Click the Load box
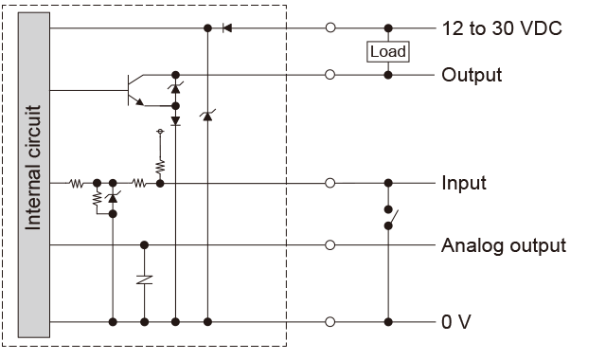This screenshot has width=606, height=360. [387, 51]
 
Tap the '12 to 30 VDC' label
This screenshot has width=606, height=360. [502, 27]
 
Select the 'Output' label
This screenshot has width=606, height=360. [471, 74]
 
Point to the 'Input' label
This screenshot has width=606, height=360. [463, 183]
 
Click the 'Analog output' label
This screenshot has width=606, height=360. [503, 245]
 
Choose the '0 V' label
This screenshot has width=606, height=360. [455, 322]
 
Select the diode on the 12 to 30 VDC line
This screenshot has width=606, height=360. [225, 28]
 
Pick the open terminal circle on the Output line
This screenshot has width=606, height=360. [330, 74]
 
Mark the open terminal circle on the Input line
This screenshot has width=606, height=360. [330, 183]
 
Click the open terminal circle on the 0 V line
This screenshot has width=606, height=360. [330, 322]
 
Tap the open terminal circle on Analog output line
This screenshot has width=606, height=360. [330, 245]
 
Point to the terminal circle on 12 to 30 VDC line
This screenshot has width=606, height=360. [330, 28]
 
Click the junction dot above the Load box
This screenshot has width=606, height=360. [387, 28]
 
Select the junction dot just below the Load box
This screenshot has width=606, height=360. [387, 74]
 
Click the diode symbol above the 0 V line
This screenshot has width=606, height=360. [144, 281]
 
